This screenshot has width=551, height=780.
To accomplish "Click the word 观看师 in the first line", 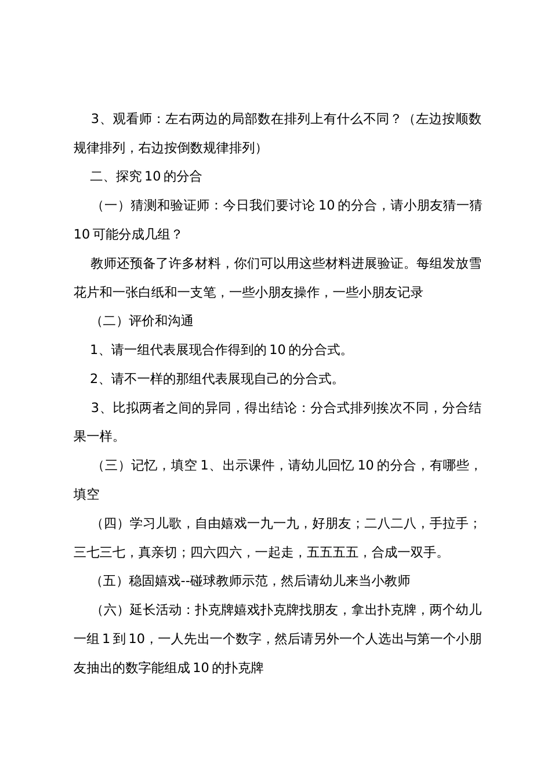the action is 132,120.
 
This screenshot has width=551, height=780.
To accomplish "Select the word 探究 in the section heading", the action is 128,177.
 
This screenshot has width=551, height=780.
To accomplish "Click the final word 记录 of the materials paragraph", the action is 410,292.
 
